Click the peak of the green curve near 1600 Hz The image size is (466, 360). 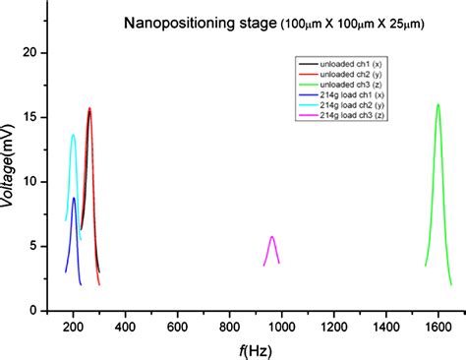(437, 104)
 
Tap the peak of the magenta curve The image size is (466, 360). (272, 236)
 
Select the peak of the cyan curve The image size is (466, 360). (73, 135)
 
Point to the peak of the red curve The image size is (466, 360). (89, 108)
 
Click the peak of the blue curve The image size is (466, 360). (74, 198)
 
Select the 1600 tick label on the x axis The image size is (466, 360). (437, 325)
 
